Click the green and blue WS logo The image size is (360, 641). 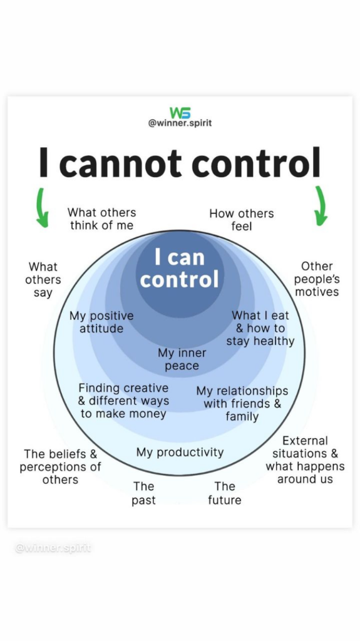click(x=180, y=113)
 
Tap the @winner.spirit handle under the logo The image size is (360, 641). click(x=180, y=123)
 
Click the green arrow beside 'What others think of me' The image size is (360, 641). click(x=42, y=207)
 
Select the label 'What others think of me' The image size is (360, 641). click(x=102, y=218)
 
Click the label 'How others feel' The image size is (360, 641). click(x=242, y=220)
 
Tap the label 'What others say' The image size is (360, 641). click(x=43, y=280)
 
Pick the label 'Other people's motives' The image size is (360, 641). click(x=317, y=279)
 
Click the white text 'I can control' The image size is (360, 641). click(x=180, y=269)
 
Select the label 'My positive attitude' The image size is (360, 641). click(x=101, y=322)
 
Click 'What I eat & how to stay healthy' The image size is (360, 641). click(x=260, y=328)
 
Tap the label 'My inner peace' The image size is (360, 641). click(x=182, y=359)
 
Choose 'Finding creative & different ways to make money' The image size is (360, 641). click(x=123, y=401)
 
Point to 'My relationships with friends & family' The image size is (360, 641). click(x=242, y=404)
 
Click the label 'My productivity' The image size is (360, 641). click(x=180, y=453)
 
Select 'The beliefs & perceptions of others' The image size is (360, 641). click(x=60, y=466)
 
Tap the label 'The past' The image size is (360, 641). click(x=143, y=493)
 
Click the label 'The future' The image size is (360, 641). click(x=225, y=493)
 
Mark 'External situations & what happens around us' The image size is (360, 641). click(x=305, y=460)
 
